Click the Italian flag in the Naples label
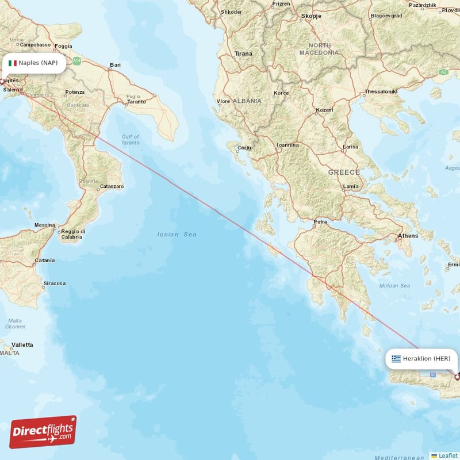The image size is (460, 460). click(x=12, y=63)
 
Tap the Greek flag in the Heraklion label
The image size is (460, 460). click(x=396, y=359)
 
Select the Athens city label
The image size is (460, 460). click(x=408, y=236)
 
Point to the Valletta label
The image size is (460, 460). click(x=22, y=344)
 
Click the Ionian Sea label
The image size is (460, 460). click(x=177, y=235)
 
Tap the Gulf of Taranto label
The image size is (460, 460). click(x=131, y=140)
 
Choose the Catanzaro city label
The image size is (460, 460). click(x=112, y=186)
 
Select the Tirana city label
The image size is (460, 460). click(x=243, y=53)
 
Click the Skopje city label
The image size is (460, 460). click(x=310, y=17)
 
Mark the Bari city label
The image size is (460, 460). click(x=116, y=65)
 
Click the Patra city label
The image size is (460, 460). click(x=320, y=221)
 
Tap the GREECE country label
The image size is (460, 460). click(x=344, y=172)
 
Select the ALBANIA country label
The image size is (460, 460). click(x=247, y=101)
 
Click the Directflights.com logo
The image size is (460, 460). click(x=43, y=431)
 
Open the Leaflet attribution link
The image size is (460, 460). click(x=447, y=455)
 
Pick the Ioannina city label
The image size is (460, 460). click(x=287, y=145)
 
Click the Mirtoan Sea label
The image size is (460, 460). click(x=395, y=286)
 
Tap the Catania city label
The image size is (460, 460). click(x=44, y=260)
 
